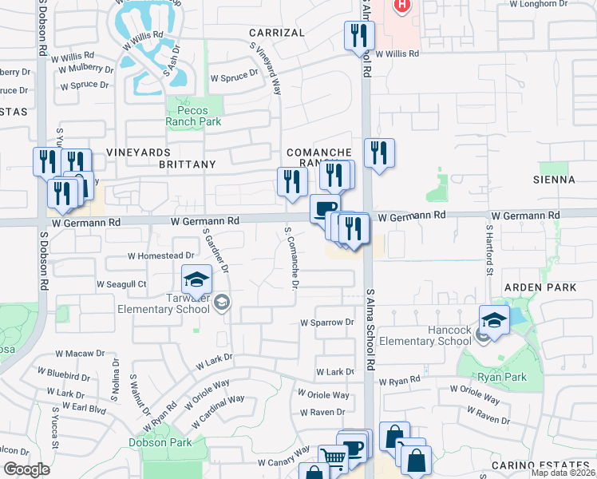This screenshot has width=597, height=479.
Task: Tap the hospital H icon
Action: click(x=402, y=5)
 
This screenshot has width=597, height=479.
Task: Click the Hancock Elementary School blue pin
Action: click(x=494, y=321)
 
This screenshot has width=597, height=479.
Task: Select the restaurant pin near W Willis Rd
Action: click(x=359, y=36)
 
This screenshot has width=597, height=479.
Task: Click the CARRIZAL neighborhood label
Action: click(x=276, y=33)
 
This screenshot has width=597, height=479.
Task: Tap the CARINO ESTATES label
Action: click(x=551, y=465)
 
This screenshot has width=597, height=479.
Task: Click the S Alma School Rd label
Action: click(x=370, y=327)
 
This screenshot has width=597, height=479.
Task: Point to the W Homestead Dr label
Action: click(x=161, y=255)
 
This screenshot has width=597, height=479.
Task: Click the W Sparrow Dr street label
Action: click(x=326, y=323)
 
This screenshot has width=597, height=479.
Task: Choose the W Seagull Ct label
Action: click(x=121, y=283)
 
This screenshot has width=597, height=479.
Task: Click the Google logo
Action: click(x=26, y=469)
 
